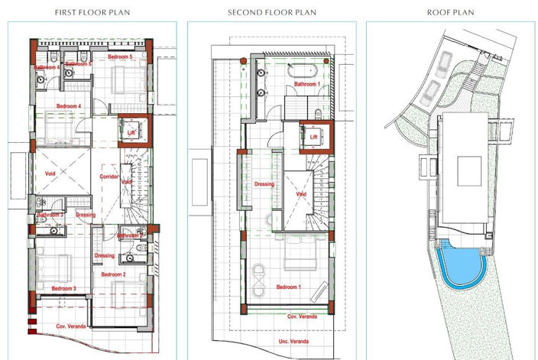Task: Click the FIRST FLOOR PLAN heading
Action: (x=92, y=13)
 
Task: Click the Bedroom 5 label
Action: (x=120, y=57)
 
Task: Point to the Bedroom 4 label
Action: (x=69, y=106)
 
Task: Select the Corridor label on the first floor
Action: (x=110, y=177)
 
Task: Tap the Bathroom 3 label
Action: (x=49, y=216)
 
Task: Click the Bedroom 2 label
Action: (x=113, y=274)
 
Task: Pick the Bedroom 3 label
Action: (x=63, y=288)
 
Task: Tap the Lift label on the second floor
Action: (x=313, y=138)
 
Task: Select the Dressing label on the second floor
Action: (x=264, y=183)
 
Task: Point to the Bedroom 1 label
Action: (x=288, y=287)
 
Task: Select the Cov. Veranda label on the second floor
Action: (x=302, y=316)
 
